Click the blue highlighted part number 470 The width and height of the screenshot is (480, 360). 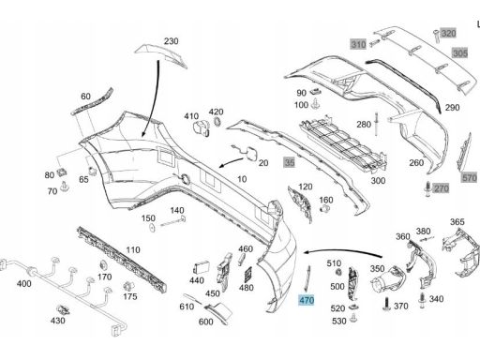coord(307,301)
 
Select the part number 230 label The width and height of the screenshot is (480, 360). coord(171,42)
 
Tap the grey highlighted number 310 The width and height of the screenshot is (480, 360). coord(358,44)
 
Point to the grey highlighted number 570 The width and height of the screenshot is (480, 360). coord(469,176)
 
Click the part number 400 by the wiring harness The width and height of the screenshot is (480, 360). coord(23,282)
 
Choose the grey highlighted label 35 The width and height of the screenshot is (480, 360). coord(290,162)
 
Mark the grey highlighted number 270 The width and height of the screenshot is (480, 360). coord(442,189)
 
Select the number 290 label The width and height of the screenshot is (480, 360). coord(452,109)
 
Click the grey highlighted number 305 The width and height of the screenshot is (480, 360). coord(458,53)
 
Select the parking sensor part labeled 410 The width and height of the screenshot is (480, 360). coord(199,130)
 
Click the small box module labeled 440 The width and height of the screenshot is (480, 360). coord(202,264)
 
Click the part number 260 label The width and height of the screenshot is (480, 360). coord(415,163)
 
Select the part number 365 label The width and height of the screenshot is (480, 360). coord(457,221)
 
